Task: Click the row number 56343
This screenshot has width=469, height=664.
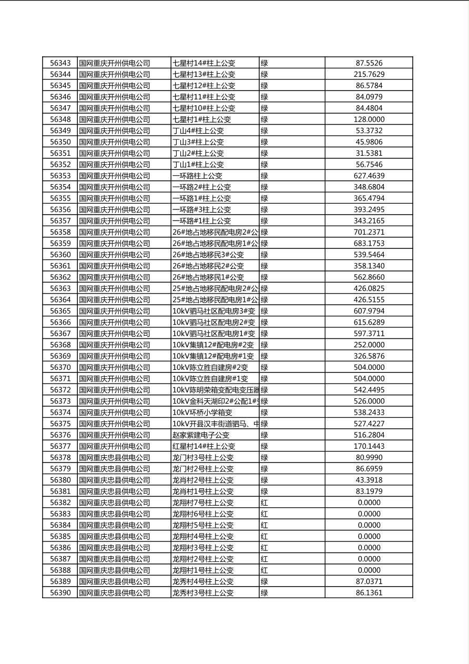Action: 60,63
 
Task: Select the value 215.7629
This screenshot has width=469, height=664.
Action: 369,74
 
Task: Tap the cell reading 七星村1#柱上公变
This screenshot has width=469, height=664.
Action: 202,119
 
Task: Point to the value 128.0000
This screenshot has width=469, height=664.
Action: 369,119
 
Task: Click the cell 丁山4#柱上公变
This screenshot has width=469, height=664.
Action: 198,130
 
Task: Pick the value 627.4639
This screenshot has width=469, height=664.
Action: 369,176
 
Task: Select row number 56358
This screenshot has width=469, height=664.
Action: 60,232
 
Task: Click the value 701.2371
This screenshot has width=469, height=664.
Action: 369,232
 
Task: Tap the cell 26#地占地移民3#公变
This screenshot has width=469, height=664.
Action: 208,255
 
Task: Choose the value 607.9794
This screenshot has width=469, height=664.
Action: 369,311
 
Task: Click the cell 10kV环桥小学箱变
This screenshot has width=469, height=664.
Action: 202,413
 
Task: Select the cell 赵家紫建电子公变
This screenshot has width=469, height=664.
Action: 201,435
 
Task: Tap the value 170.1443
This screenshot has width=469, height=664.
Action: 369,446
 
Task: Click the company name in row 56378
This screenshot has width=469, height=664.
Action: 115,457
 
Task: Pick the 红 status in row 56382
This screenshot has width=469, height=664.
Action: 264,502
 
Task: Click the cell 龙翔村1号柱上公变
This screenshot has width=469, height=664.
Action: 203,570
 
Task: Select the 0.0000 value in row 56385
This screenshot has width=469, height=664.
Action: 369,536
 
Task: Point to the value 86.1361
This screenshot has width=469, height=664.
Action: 369,592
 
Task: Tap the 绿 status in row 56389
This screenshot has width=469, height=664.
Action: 264,581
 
